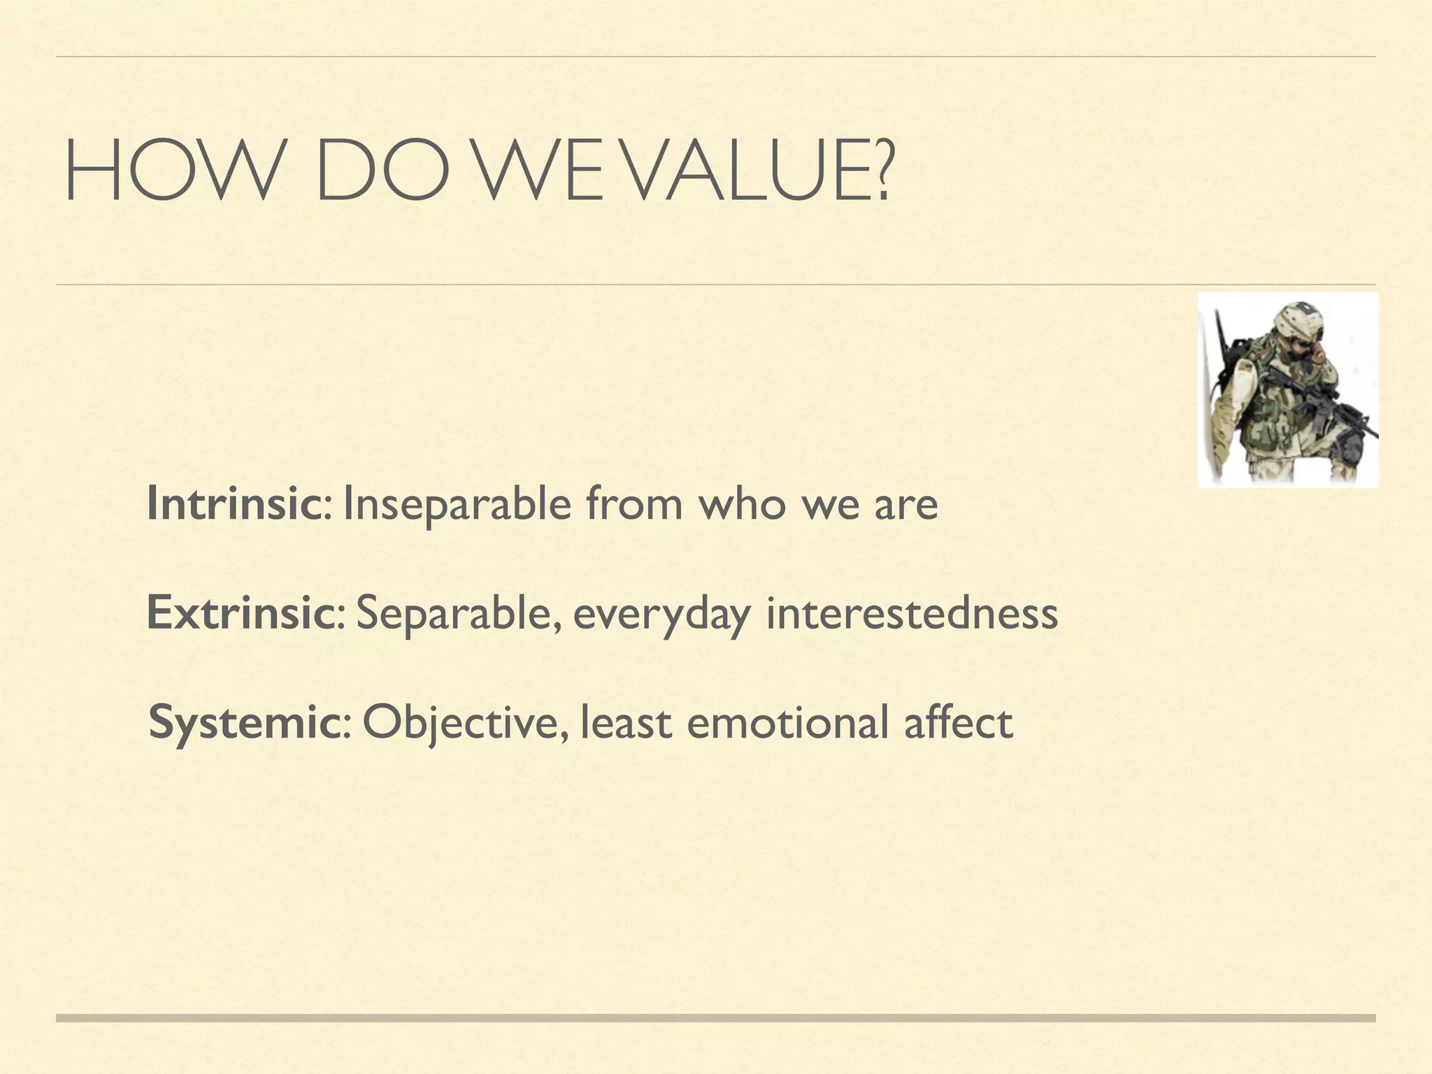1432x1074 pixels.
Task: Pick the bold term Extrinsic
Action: (241, 613)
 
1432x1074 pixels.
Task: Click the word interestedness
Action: (912, 613)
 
